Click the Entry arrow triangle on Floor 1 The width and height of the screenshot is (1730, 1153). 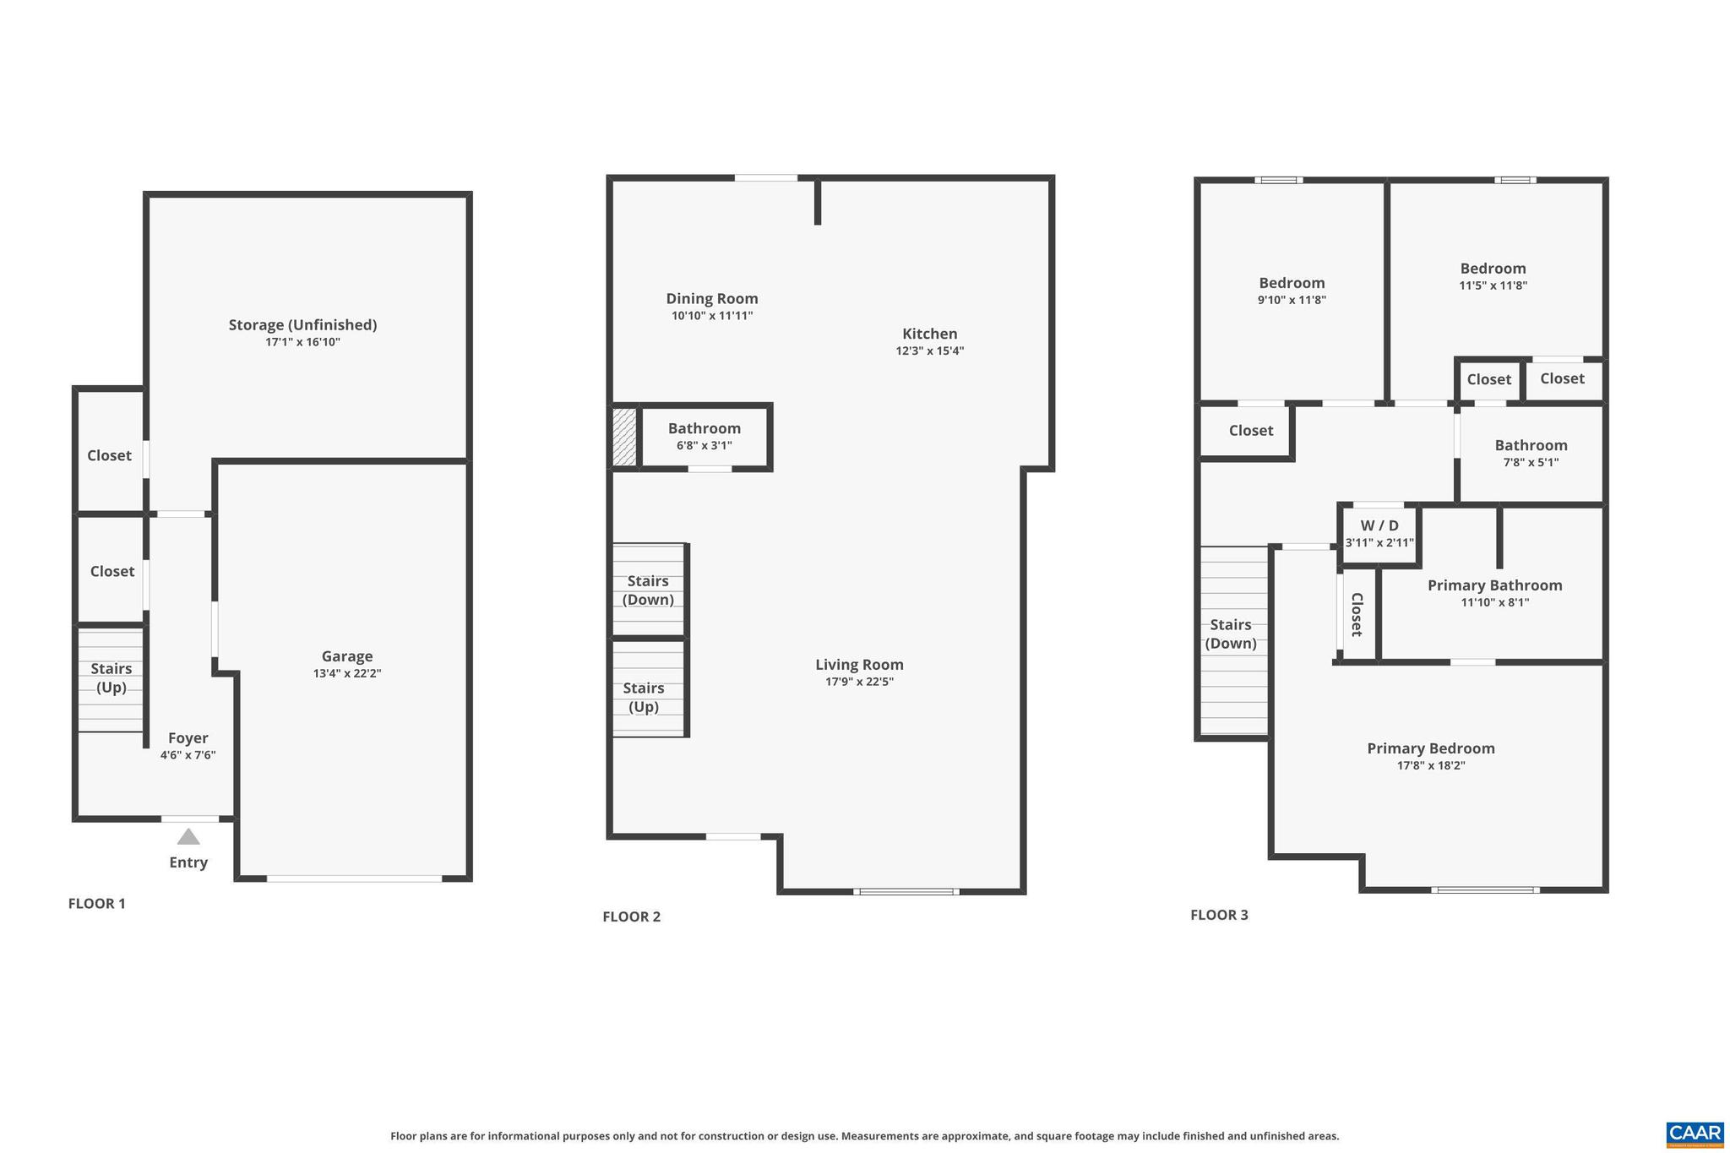click(x=188, y=837)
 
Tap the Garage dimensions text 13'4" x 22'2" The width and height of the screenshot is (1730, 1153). click(x=346, y=674)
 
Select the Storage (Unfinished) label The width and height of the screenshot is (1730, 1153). click(x=302, y=325)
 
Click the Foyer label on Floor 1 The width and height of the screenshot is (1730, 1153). click(x=188, y=738)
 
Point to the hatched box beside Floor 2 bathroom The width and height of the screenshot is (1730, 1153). click(x=624, y=437)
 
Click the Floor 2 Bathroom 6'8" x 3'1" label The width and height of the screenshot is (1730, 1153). click(x=704, y=429)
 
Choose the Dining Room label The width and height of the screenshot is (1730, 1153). click(x=712, y=299)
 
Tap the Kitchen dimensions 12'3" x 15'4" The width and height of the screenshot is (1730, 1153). click(x=929, y=351)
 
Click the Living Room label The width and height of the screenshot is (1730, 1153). click(x=859, y=665)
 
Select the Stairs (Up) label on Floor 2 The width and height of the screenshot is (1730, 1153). click(x=644, y=698)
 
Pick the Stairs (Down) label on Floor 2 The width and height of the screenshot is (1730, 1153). click(x=648, y=590)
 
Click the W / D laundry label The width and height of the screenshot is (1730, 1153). click(x=1379, y=526)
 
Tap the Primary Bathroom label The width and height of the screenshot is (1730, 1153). click(x=1494, y=585)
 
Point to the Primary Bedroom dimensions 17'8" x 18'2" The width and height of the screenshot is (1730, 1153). click(x=1431, y=766)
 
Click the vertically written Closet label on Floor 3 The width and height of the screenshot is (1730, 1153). click(x=1357, y=615)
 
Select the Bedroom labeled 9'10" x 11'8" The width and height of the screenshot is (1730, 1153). click(x=1292, y=284)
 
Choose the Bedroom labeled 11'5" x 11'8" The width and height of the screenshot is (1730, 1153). click(x=1493, y=269)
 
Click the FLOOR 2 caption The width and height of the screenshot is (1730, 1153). click(x=631, y=917)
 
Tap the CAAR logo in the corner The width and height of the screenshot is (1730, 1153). click(x=1695, y=1134)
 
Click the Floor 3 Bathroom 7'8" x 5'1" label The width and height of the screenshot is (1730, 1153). click(x=1531, y=446)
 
